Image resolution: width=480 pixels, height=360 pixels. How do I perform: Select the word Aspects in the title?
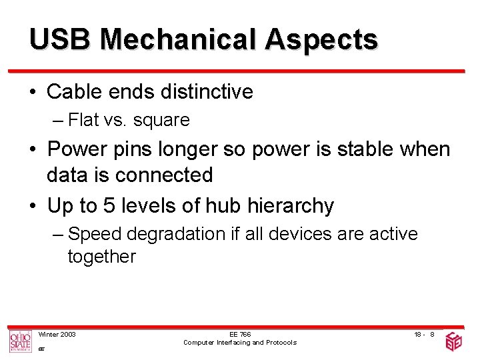[x=321, y=41]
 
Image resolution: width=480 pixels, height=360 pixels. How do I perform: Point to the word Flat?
[x=83, y=120]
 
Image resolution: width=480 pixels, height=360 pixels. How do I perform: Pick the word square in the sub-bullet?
[x=161, y=121]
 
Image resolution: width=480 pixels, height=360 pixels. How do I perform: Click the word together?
[x=101, y=257]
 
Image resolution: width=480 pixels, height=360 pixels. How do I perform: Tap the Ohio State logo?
[x=19, y=341]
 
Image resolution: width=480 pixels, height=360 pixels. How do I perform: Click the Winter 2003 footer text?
[x=57, y=334]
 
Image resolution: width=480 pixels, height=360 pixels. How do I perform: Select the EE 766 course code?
[x=240, y=334]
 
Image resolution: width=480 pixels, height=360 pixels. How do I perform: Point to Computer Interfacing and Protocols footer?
[x=240, y=343]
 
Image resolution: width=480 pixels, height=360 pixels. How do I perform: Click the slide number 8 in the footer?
[x=432, y=334]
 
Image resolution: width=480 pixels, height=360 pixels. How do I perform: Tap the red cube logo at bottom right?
[x=454, y=341]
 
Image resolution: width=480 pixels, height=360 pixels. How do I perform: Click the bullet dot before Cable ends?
[x=33, y=92]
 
